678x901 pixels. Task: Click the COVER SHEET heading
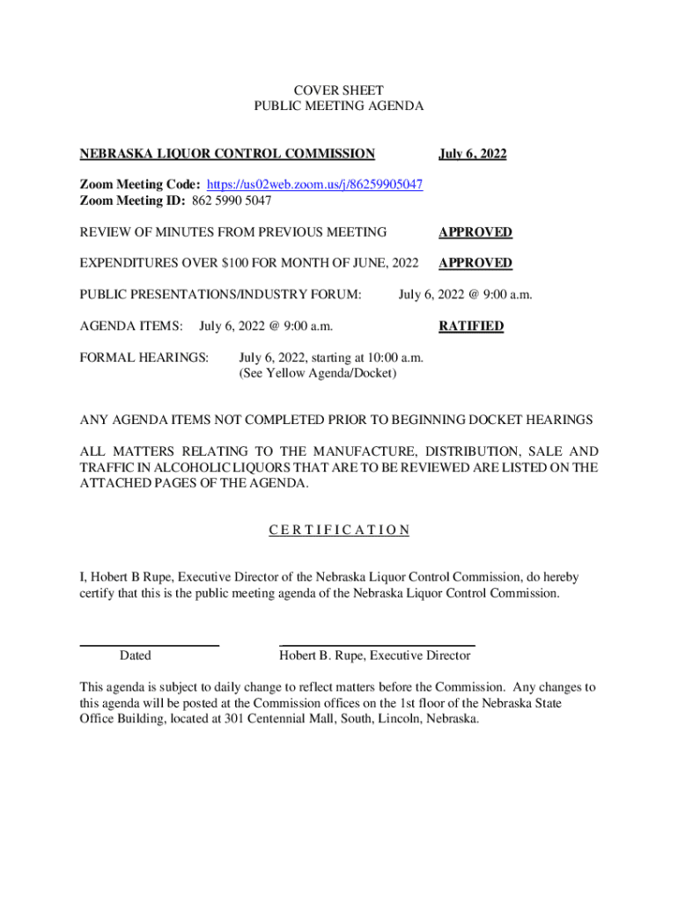(x=338, y=90)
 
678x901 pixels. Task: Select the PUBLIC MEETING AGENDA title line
(x=338, y=106)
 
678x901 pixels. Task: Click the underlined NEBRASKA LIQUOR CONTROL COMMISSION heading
(x=227, y=154)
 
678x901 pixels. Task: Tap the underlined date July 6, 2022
(x=473, y=154)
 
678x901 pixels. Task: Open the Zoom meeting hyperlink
(x=314, y=185)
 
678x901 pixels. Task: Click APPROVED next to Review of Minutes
(x=475, y=232)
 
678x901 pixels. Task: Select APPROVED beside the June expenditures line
(x=475, y=263)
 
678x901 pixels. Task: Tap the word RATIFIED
(x=471, y=326)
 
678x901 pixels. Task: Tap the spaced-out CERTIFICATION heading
(x=338, y=530)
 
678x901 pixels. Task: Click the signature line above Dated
(x=150, y=646)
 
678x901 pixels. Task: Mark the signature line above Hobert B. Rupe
(x=377, y=646)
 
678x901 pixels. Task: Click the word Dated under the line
(x=135, y=656)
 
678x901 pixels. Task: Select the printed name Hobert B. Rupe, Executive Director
(x=375, y=656)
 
